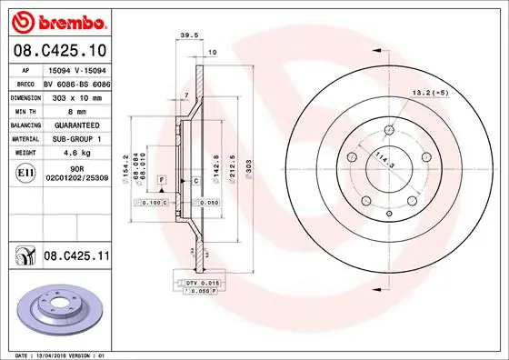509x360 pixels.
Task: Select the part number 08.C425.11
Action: click(x=77, y=258)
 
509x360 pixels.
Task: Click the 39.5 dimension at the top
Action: click(x=190, y=36)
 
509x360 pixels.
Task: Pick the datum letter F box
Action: click(x=161, y=181)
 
